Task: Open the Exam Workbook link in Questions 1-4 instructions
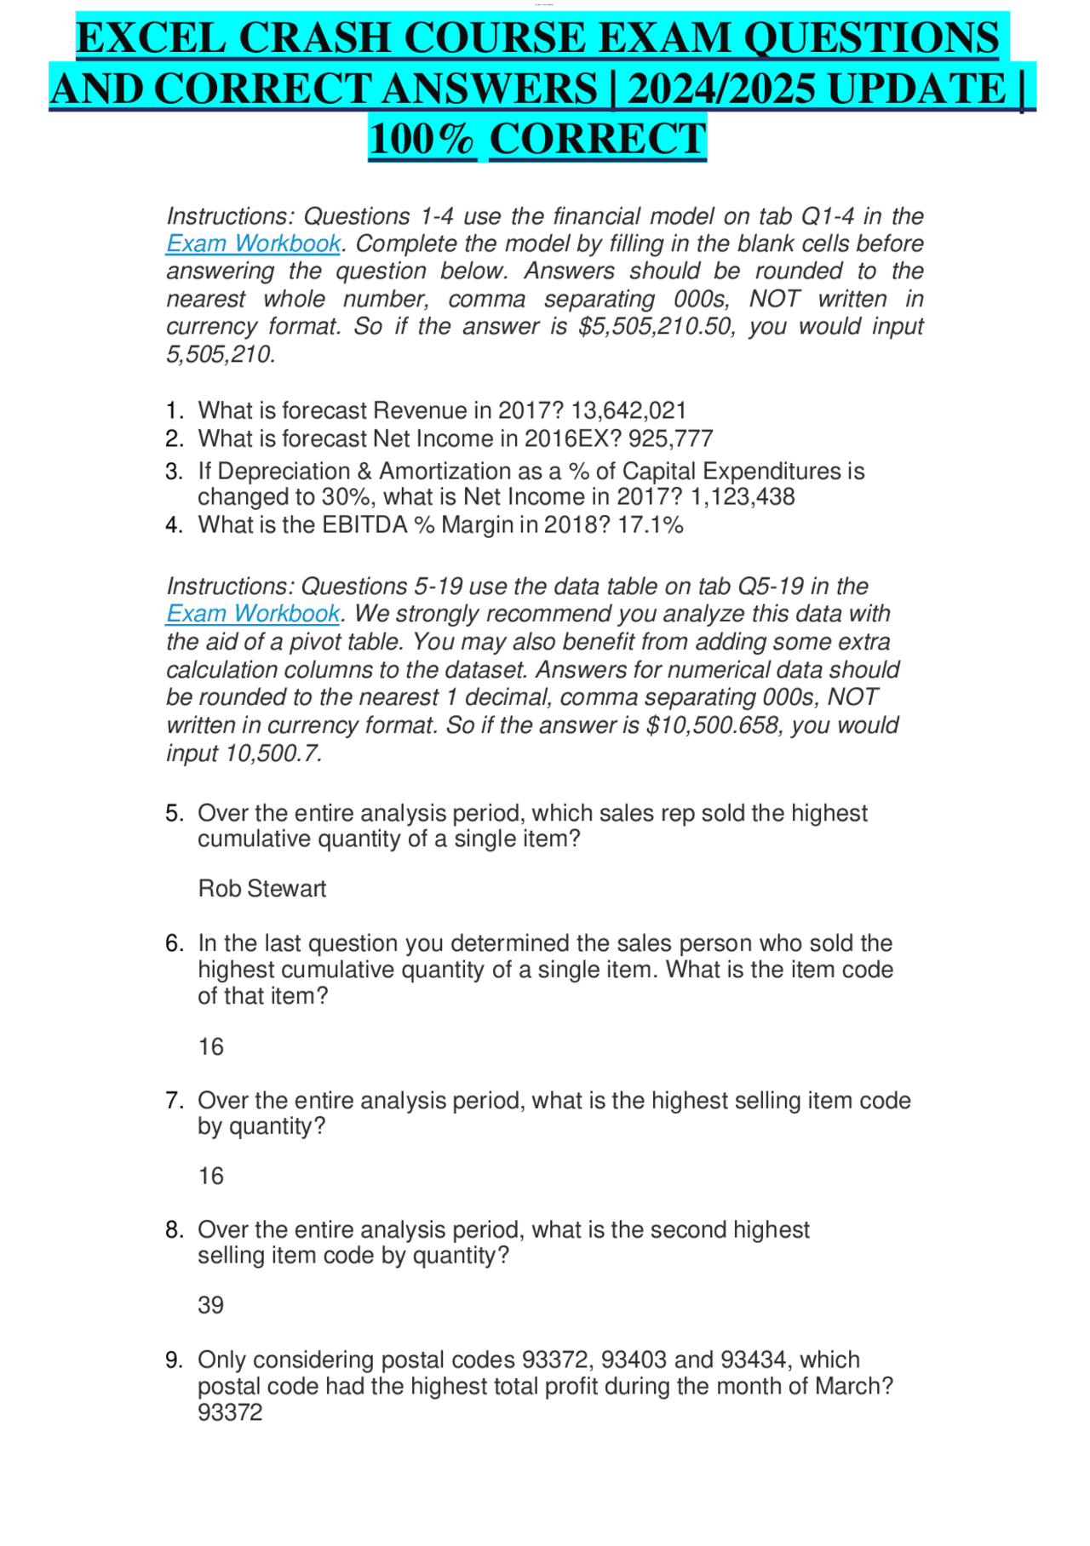coord(253,244)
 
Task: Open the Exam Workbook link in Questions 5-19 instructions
coord(253,614)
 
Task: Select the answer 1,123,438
coord(743,497)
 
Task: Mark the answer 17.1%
coord(651,525)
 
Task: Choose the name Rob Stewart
coord(262,889)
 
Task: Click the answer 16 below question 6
coord(210,1047)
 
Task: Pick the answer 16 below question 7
coord(210,1177)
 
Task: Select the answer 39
coord(210,1306)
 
